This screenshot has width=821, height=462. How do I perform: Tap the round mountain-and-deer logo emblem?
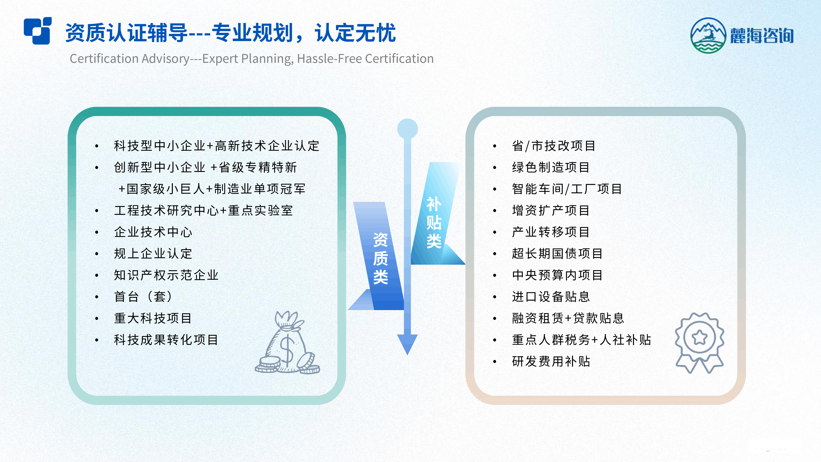pyautogui.click(x=708, y=35)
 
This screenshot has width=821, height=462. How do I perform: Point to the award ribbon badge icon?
pyautogui.click(x=699, y=343)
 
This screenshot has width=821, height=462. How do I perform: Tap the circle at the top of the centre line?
pyautogui.click(x=407, y=129)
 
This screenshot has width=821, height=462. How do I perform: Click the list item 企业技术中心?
pyautogui.click(x=153, y=232)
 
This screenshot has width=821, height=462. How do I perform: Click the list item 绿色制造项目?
pyautogui.click(x=551, y=167)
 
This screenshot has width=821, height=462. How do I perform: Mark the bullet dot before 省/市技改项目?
pyautogui.click(x=495, y=146)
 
